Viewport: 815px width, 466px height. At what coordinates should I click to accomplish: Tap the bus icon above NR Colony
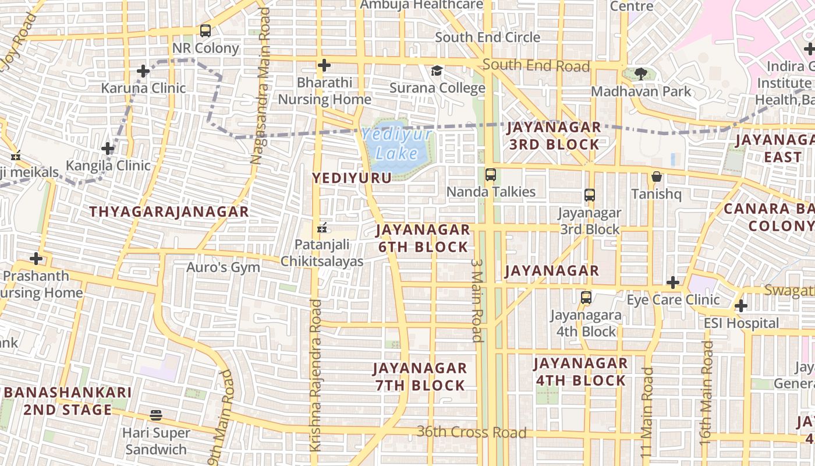[205, 31]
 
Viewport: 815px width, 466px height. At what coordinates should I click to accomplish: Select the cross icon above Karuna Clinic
[143, 72]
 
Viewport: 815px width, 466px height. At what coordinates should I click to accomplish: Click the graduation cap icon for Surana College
[437, 71]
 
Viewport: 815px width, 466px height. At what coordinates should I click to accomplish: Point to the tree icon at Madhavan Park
[641, 74]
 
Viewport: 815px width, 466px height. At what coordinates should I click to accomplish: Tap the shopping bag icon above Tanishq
[657, 176]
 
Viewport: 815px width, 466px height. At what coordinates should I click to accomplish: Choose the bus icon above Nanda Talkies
[491, 174]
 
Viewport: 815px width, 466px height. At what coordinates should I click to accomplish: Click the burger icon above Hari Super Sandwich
[155, 415]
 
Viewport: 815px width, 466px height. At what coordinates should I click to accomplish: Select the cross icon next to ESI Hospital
[740, 305]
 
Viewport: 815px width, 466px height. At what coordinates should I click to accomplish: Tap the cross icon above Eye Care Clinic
[673, 283]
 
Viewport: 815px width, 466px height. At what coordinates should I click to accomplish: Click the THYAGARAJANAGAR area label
[169, 212]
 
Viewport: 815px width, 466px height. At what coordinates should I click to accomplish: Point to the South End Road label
[536, 65]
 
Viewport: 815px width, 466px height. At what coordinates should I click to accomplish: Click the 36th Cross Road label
[472, 433]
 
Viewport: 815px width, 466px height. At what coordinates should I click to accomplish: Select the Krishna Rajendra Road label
[316, 375]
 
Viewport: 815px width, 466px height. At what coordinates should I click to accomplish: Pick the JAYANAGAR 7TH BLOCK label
[420, 377]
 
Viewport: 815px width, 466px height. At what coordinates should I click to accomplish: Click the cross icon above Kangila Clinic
[108, 149]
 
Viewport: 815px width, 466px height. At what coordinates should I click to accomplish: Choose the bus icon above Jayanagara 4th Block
[586, 298]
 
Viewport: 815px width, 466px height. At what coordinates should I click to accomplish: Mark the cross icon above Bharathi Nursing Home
[324, 65]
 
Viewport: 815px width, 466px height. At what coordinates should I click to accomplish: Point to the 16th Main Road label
[707, 393]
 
